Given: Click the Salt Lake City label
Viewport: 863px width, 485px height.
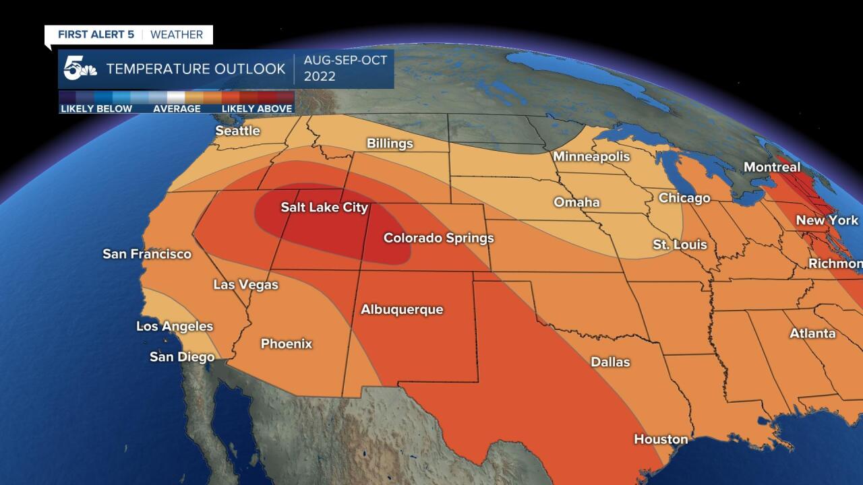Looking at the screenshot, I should (x=324, y=207).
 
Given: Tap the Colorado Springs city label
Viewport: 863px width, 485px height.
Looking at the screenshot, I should (x=438, y=238).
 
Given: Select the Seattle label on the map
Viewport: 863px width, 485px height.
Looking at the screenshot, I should (x=237, y=131).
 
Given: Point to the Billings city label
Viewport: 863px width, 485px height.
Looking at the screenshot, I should (x=390, y=143).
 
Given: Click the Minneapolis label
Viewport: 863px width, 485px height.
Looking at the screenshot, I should (x=591, y=156).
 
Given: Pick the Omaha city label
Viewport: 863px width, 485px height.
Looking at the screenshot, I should (x=576, y=202).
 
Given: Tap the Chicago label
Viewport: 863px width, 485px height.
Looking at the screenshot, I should (x=684, y=198).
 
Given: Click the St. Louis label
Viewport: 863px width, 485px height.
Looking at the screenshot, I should (x=680, y=245).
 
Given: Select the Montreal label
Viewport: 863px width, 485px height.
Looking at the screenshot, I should (x=771, y=167).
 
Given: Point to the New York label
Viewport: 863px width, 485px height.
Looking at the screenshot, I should (x=827, y=220).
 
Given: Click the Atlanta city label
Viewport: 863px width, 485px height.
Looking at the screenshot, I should (x=812, y=333).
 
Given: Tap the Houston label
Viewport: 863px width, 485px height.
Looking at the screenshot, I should (x=661, y=439).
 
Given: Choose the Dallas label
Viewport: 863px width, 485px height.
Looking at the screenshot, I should (x=610, y=362).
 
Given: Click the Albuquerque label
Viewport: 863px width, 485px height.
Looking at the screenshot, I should (x=402, y=309).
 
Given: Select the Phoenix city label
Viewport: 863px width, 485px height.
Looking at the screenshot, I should (x=287, y=344).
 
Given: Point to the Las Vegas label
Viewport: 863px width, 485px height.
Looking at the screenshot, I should (x=245, y=284).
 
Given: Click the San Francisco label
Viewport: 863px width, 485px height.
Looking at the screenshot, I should (x=147, y=254).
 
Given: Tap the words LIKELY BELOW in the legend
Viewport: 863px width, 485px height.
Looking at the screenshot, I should (x=96, y=108).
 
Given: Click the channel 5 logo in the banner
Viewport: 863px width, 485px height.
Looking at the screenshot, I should (x=78, y=69).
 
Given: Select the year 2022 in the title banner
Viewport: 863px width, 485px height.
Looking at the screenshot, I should (x=320, y=76).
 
